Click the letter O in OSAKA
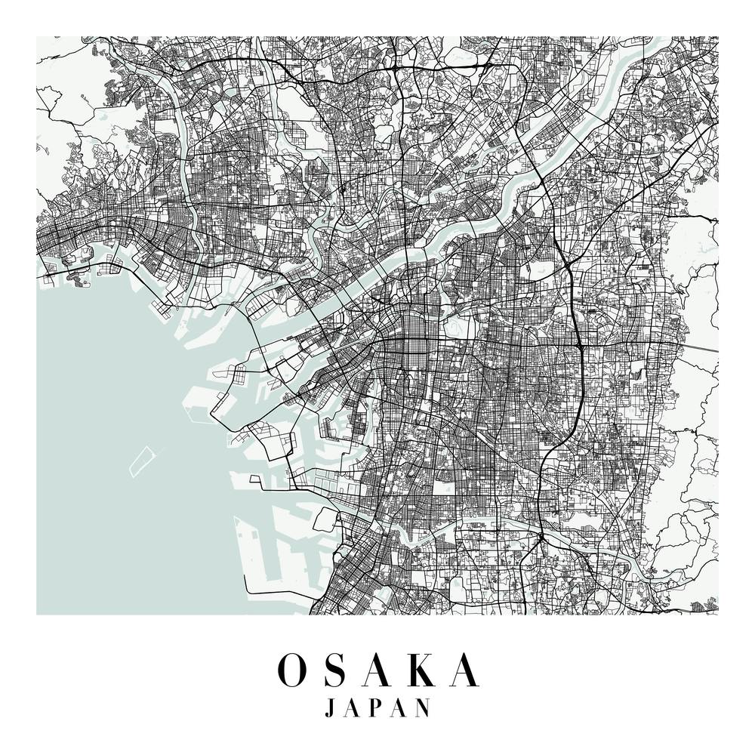(x=292, y=670)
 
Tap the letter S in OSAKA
(x=338, y=670)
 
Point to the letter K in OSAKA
(x=425, y=670)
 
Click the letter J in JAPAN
(x=329, y=708)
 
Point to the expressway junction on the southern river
(x=541, y=538)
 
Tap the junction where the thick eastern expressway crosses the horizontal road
(x=578, y=344)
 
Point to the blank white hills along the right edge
(x=698, y=257)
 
